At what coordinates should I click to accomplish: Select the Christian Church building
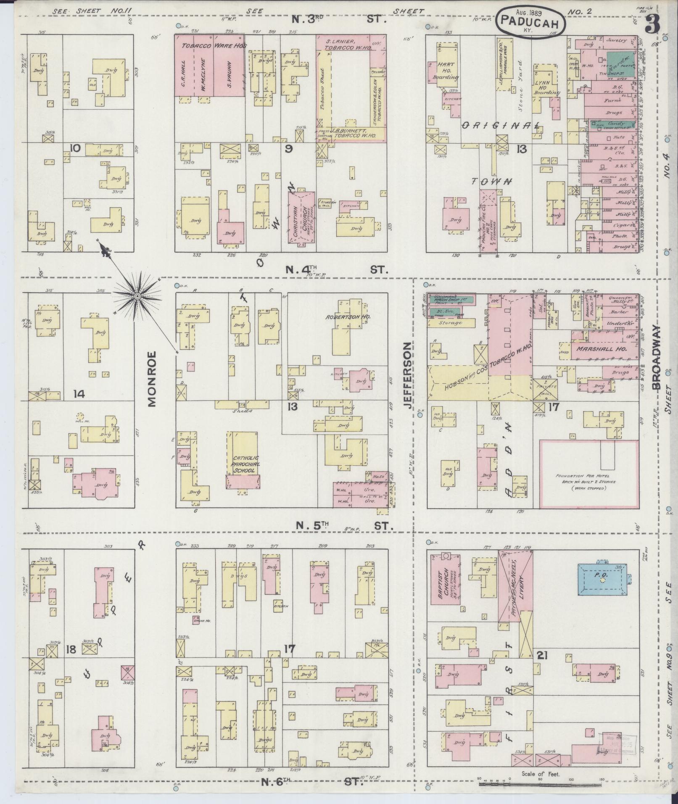click(x=301, y=217)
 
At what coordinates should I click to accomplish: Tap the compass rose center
click(x=137, y=297)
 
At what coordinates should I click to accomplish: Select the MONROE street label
click(x=152, y=378)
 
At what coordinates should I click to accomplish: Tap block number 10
click(x=75, y=148)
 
